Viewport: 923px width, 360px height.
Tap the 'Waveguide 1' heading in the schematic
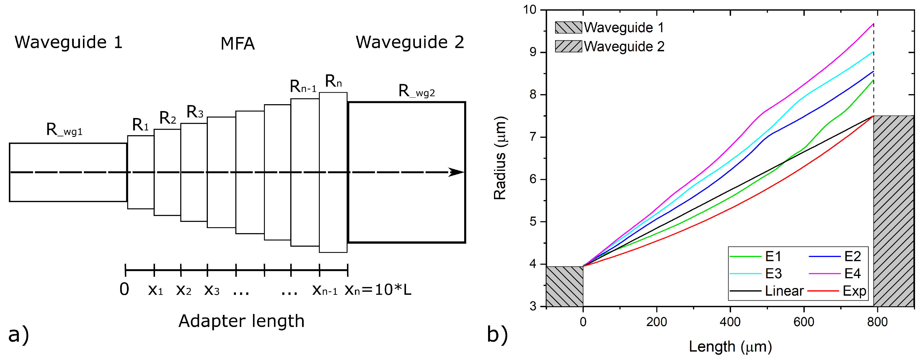(69, 42)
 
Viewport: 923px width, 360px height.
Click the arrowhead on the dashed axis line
(456, 172)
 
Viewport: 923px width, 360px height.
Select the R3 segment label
(195, 112)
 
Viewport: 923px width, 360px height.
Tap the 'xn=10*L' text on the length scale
(378, 289)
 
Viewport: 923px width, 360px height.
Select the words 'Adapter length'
(241, 321)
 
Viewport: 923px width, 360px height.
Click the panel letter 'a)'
(18, 335)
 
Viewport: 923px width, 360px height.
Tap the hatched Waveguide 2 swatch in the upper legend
(568, 46)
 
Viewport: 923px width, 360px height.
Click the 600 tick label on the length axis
(804, 322)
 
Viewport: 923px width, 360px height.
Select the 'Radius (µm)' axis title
(500, 158)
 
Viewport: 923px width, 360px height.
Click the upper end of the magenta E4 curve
(873, 24)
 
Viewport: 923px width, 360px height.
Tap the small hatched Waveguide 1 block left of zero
(564, 286)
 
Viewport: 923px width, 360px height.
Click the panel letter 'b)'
(497, 335)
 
